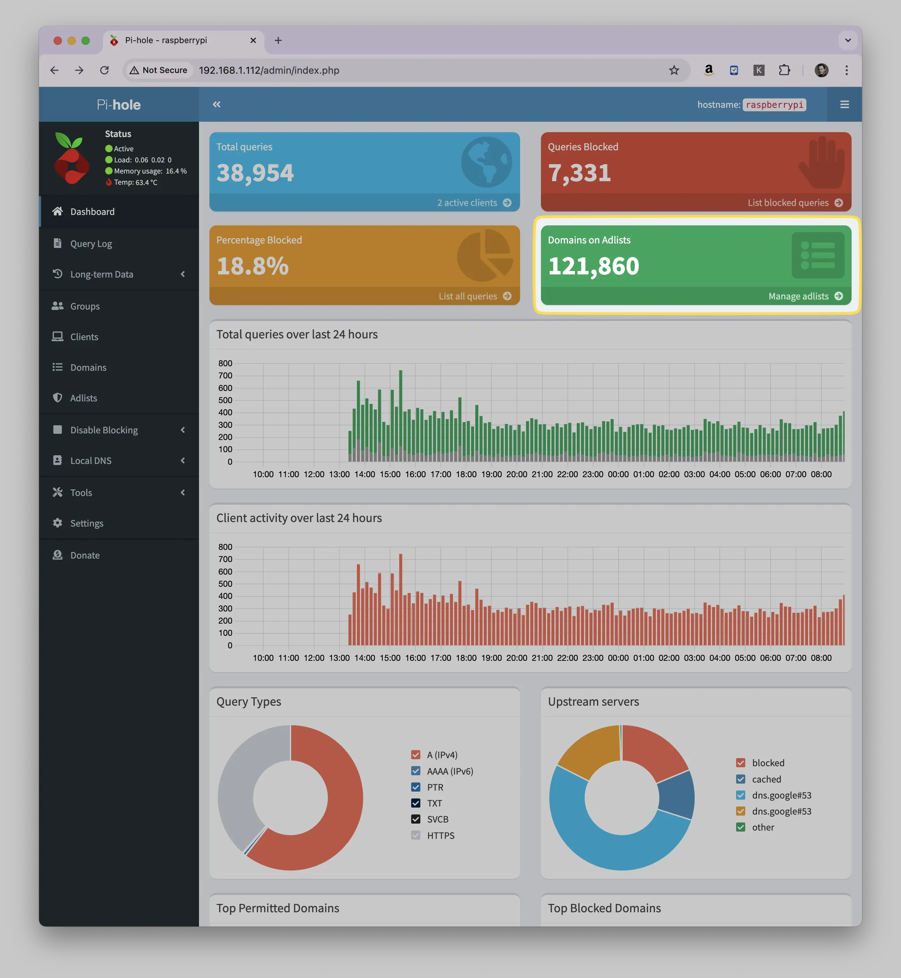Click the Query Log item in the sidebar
91,244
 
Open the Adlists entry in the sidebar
83,398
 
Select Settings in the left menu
86,523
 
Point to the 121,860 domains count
593,266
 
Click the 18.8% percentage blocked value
253,266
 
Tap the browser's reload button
104,70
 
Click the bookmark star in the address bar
674,70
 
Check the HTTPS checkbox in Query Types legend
415,835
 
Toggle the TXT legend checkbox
415,803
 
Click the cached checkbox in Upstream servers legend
741,779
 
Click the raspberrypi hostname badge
774,105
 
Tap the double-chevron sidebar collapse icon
216,104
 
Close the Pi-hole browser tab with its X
253,40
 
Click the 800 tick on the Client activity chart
225,547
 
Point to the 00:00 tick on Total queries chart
618,474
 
